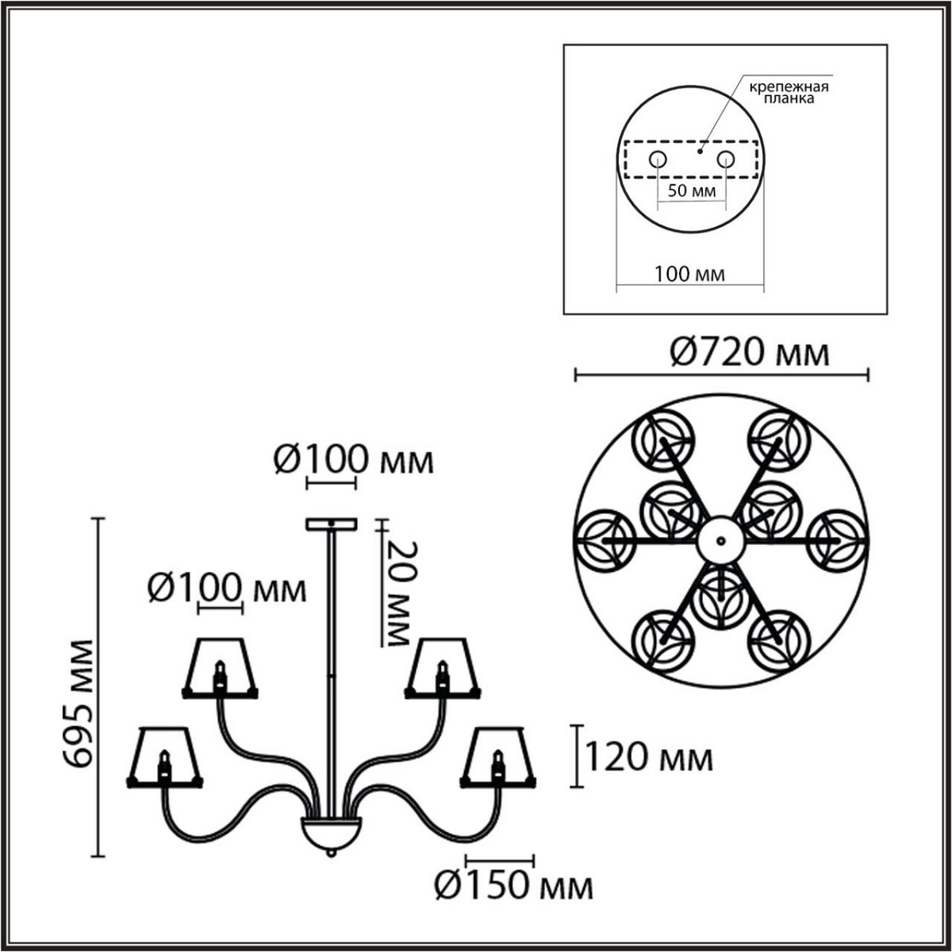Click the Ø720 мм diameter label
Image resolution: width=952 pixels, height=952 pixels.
click(x=750, y=352)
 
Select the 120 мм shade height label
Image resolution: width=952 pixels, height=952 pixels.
click(x=649, y=758)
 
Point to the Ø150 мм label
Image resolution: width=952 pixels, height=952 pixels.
click(x=514, y=885)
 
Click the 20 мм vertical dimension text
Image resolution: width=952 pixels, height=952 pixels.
click(x=397, y=593)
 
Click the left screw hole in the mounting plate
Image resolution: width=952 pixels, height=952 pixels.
click(x=658, y=160)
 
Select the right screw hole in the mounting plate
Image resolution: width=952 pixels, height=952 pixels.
click(x=725, y=160)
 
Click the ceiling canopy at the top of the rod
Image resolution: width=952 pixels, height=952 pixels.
click(x=332, y=524)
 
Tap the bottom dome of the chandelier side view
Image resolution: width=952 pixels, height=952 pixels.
click(x=330, y=833)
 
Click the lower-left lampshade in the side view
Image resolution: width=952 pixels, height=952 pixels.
click(x=165, y=757)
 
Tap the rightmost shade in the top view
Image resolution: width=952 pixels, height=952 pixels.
click(x=838, y=539)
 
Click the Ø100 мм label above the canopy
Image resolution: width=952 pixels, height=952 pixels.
click(x=354, y=460)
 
